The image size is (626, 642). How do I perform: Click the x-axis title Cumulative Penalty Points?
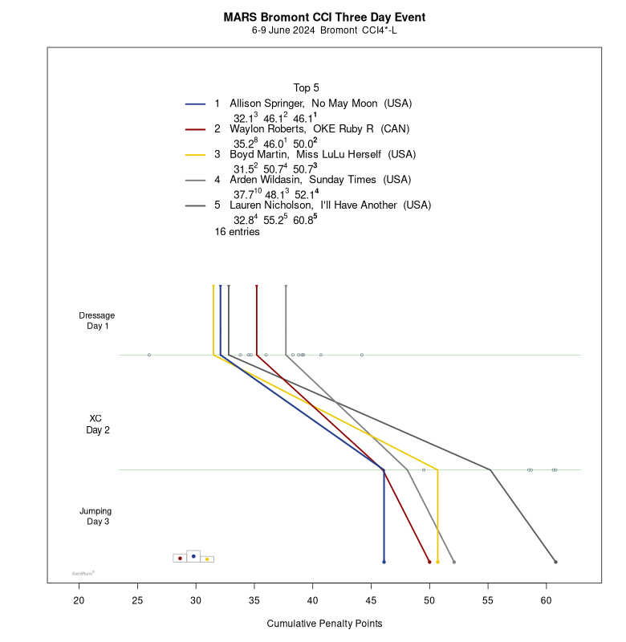pos(324,624)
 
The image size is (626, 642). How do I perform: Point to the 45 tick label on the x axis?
pos(371,600)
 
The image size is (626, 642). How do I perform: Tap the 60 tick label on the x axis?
pos(547,600)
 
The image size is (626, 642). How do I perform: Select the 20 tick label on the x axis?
pos(79,600)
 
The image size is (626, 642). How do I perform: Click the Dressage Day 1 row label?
pos(97,320)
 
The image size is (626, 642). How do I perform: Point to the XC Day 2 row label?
pos(97,424)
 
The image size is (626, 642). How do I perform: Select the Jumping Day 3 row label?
pos(96,516)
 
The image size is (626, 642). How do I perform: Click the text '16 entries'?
pos(237,232)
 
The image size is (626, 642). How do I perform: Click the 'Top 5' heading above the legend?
pos(306,87)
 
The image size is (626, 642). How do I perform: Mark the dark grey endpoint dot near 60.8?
pos(555,562)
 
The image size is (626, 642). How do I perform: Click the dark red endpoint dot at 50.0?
pos(429,562)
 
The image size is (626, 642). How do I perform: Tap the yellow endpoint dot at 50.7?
pos(437,562)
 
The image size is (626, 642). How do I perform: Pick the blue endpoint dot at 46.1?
pos(384,562)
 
